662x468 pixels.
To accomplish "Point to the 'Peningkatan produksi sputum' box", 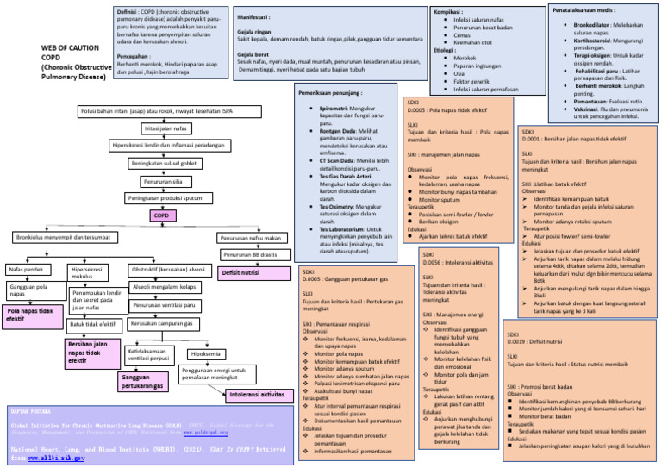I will (x=164, y=198).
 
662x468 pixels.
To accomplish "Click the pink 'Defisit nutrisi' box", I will (x=241, y=273).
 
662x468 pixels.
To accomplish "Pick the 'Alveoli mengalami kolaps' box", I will (x=164, y=287).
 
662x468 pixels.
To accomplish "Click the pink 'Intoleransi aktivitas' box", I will (x=256, y=396).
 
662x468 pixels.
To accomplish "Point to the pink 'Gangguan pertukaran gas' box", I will (x=141, y=383).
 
